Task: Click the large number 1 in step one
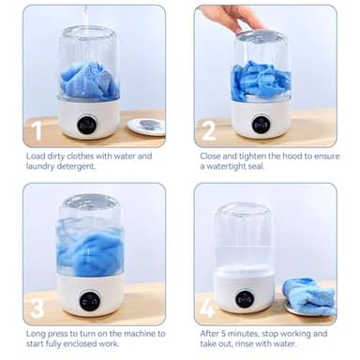click(x=38, y=129)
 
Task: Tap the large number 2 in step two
click(x=209, y=129)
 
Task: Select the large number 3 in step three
click(x=38, y=307)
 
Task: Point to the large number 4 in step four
click(x=209, y=307)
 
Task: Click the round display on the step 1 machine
click(x=88, y=123)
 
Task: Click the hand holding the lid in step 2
click(x=230, y=17)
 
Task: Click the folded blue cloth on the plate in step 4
click(x=309, y=293)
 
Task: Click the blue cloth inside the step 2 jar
click(x=261, y=81)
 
